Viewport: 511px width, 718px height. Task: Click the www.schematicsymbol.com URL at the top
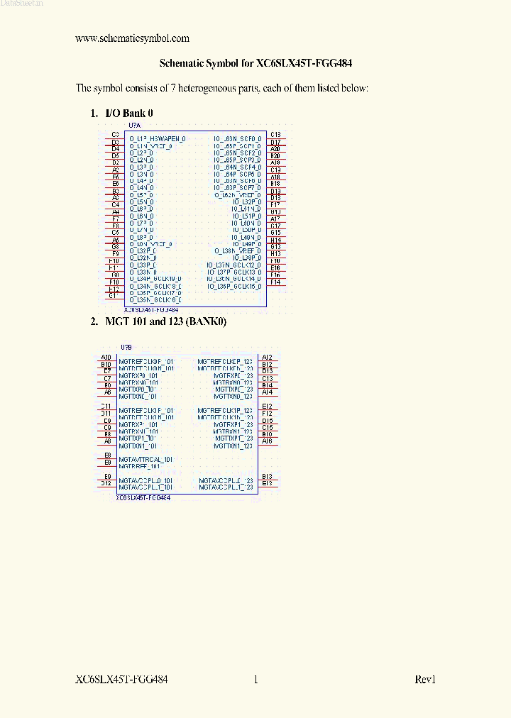tap(132, 38)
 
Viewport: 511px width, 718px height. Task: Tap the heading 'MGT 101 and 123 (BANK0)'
tap(165, 321)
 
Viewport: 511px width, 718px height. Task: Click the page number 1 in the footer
tap(255, 680)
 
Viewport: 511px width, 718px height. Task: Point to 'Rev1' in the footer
tap(425, 680)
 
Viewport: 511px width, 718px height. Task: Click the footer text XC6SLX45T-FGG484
tap(121, 680)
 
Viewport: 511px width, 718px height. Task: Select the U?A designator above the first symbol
tap(135, 125)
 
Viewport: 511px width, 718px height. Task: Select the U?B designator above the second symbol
tap(126, 348)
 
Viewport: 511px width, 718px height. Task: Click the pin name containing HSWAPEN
tap(158, 139)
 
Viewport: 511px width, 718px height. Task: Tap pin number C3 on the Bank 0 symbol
tap(115, 134)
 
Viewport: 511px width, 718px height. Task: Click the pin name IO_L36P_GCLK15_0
tap(233, 286)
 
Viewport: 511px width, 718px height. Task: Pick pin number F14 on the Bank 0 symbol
tap(275, 282)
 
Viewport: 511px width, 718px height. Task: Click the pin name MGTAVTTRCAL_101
tap(145, 460)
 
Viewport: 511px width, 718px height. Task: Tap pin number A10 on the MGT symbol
tap(106, 357)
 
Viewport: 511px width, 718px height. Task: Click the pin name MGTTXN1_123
tap(233, 446)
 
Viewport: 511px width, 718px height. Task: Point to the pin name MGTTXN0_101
tap(138, 396)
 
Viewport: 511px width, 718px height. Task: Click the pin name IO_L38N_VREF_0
tap(238, 250)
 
